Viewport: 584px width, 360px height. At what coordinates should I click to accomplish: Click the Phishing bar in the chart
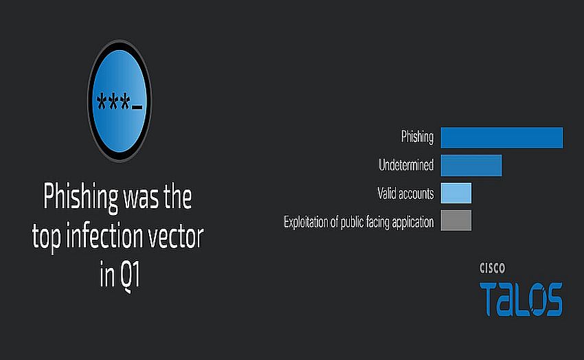click(x=502, y=137)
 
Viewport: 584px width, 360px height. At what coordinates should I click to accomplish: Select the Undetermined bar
click(x=471, y=166)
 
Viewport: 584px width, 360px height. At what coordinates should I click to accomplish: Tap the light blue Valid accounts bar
click(x=456, y=193)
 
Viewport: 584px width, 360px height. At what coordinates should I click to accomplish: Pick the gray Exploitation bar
click(x=456, y=221)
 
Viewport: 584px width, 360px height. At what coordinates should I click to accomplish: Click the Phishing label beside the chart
click(x=417, y=137)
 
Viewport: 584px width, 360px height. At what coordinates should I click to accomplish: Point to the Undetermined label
click(x=406, y=165)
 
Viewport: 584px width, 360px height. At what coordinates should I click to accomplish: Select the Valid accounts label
click(x=405, y=193)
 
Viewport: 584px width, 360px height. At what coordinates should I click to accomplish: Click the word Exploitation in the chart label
click(x=306, y=223)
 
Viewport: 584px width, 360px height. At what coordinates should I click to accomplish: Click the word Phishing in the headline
click(x=80, y=197)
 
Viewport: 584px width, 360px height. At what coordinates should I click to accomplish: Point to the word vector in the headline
click(x=176, y=238)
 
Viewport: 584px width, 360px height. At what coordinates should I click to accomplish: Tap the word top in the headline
click(x=46, y=238)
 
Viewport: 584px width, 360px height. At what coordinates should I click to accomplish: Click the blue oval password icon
click(x=119, y=101)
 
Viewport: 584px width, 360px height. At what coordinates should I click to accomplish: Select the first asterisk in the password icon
click(x=101, y=101)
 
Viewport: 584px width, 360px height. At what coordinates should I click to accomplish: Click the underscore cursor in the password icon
click(x=137, y=108)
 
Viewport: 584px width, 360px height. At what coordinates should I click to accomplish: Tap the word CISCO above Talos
click(x=492, y=268)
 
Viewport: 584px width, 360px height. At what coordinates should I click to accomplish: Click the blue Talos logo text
click(x=521, y=299)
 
